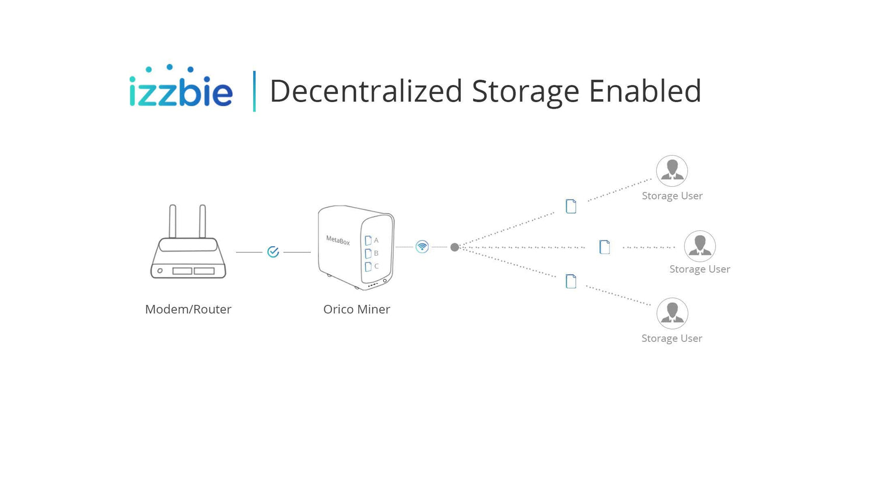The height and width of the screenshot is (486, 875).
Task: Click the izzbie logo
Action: [x=181, y=86]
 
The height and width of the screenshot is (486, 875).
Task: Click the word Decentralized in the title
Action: [x=366, y=91]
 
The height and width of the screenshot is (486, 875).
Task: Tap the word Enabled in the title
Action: [x=645, y=91]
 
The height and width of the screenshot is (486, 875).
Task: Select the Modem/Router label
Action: [x=188, y=309]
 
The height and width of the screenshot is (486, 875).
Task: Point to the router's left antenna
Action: [x=172, y=221]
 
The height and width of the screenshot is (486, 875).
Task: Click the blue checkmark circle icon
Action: [x=273, y=252]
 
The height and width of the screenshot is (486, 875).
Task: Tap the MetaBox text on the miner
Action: [x=338, y=240]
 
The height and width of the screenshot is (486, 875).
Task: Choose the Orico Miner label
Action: [x=356, y=309]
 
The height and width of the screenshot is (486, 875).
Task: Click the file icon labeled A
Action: [x=368, y=240]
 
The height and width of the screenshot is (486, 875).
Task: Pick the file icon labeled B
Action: [x=368, y=254]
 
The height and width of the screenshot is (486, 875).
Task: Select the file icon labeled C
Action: [x=368, y=267]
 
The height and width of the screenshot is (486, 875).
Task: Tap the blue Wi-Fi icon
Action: [x=422, y=247]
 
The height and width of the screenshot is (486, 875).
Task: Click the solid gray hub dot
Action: [x=454, y=247]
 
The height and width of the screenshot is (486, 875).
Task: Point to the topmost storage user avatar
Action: [x=672, y=171]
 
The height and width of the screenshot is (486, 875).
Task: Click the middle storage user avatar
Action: [x=699, y=246]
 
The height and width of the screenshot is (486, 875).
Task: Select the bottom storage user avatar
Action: [x=672, y=313]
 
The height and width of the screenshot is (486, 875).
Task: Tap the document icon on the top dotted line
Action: [x=570, y=207]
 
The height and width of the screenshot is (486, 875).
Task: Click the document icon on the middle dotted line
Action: [x=604, y=247]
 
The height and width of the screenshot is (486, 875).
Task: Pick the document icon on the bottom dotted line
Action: [x=570, y=281]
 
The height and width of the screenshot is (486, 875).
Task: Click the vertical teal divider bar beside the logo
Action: [x=254, y=92]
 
